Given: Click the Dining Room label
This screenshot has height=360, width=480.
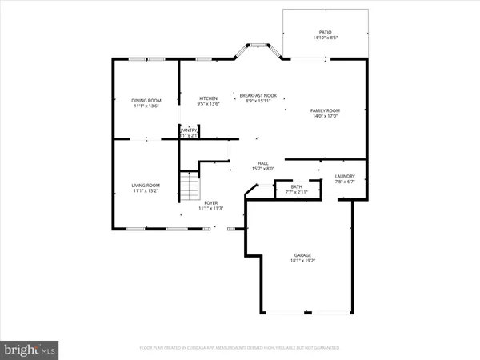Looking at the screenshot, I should [x=146, y=100].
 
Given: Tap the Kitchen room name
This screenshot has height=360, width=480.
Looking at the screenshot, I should [x=208, y=98].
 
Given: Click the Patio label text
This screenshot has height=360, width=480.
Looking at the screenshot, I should [x=326, y=32].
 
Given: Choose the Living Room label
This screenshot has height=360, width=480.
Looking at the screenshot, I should [x=146, y=186].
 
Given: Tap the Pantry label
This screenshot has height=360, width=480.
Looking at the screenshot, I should [x=189, y=130].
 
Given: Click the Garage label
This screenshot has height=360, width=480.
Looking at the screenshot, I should [x=302, y=255].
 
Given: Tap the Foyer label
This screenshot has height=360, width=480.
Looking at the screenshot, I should [x=211, y=203].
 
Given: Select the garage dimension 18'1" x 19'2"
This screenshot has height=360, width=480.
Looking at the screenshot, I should [x=302, y=261].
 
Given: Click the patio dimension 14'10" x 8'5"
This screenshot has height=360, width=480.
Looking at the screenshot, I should [x=326, y=38].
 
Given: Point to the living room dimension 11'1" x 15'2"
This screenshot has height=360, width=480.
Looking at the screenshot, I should [x=146, y=191].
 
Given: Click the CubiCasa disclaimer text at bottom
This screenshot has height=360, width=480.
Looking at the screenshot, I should [x=239, y=348].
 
